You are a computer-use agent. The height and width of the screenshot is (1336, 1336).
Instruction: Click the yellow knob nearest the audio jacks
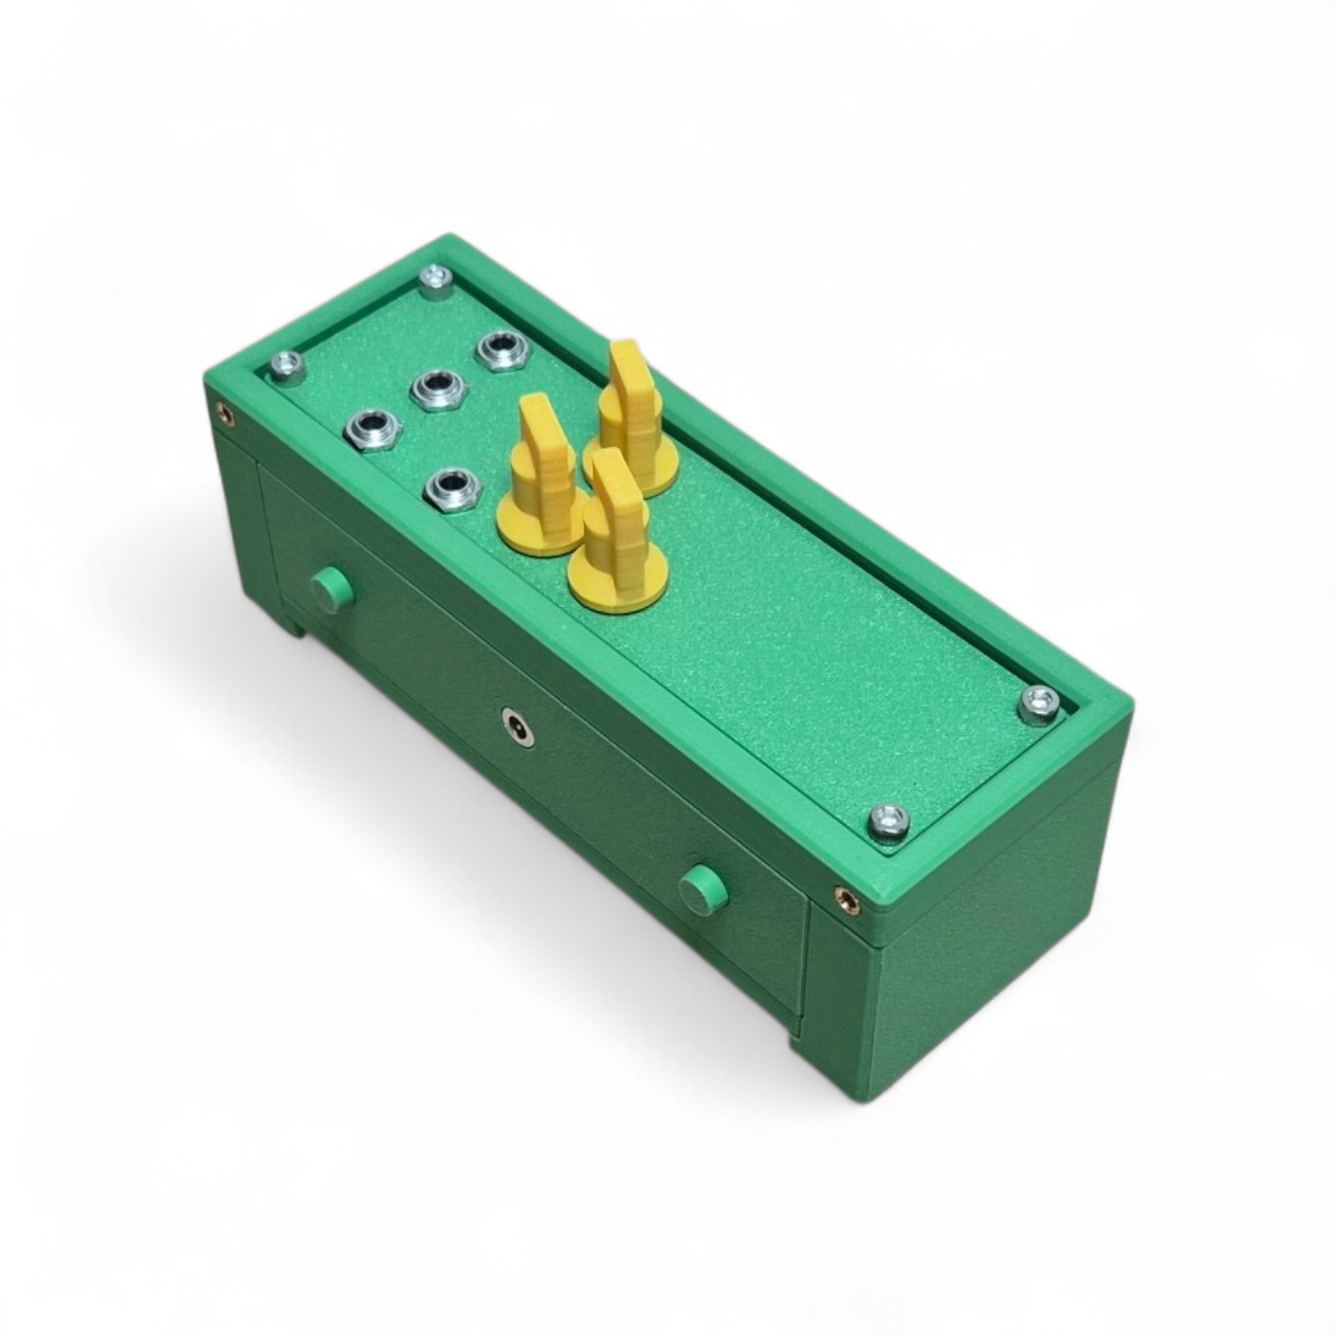point(539,482)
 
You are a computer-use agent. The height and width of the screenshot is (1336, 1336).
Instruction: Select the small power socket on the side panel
point(517,726)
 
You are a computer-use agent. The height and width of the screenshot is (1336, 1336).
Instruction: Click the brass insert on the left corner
point(225,413)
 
